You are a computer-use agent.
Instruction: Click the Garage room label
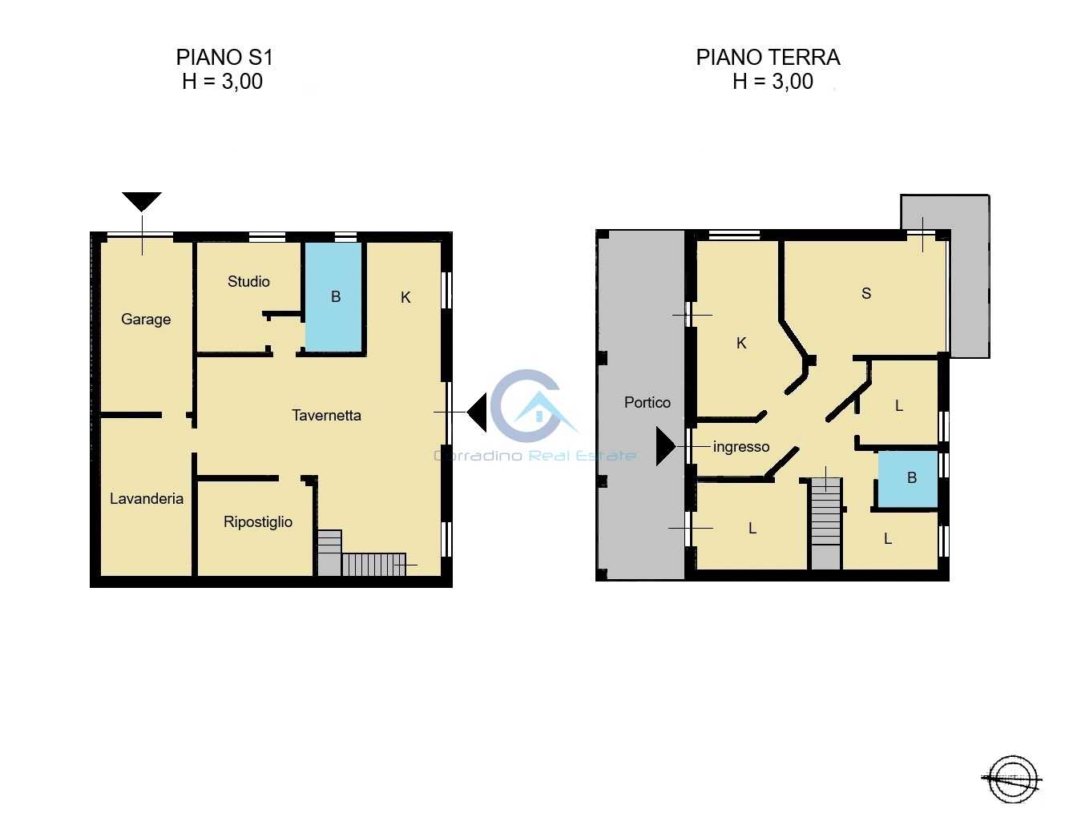click(146, 320)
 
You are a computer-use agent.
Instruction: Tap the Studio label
click(248, 281)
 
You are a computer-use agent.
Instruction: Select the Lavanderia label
click(147, 498)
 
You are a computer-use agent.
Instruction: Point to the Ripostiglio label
click(258, 521)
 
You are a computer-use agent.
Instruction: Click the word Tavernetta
click(326, 416)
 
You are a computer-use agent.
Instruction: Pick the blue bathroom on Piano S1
click(334, 296)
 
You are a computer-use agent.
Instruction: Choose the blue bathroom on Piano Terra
click(908, 479)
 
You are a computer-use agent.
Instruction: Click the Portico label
click(647, 403)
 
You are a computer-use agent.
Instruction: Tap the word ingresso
click(741, 447)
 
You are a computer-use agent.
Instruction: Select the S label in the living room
click(866, 293)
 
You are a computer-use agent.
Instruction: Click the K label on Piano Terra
click(741, 343)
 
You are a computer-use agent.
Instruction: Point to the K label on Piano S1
click(405, 297)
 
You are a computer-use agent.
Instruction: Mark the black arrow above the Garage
click(142, 202)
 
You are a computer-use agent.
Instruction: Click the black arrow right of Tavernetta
click(477, 412)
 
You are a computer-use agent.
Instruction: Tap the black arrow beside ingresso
click(666, 446)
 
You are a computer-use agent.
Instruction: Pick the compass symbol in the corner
click(1013, 779)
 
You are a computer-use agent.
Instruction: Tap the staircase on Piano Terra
click(825, 524)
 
